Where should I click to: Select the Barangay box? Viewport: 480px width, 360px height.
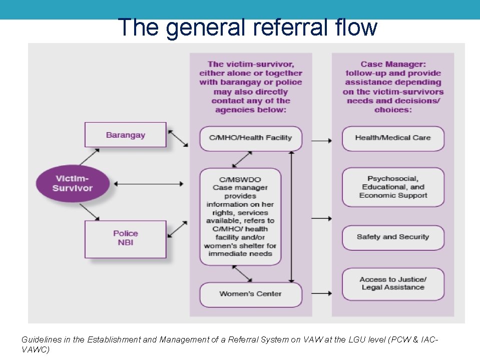[125, 135]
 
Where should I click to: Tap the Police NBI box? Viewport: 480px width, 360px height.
[125, 239]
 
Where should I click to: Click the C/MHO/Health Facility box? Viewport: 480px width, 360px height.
[251, 138]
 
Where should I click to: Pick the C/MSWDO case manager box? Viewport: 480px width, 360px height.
[240, 216]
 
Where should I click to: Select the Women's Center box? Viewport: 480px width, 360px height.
[251, 294]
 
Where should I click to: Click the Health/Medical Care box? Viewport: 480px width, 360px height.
[393, 138]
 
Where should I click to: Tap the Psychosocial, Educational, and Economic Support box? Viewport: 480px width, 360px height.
[393, 187]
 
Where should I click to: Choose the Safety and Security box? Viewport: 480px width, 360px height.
[393, 237]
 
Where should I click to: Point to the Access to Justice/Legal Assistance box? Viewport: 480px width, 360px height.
[393, 284]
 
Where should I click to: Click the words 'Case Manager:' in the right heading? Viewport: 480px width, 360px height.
[393, 64]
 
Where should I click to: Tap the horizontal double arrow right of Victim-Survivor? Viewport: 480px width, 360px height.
[149, 184]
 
